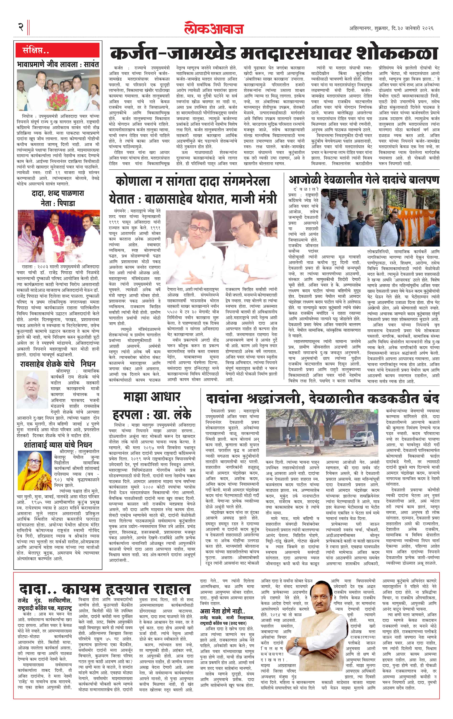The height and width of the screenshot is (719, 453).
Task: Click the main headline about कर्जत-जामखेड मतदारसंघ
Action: pyautogui.click(x=274, y=54)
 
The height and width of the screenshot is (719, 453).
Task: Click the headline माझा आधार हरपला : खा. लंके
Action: pyautogui.click(x=152, y=406)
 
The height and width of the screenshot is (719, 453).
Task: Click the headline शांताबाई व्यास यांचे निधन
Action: pyautogui.click(x=58, y=444)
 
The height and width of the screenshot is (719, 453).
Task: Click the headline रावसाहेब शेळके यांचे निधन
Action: pyautogui.click(x=58, y=364)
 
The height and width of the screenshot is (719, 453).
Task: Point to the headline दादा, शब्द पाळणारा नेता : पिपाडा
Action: pyautogui.click(x=58, y=198)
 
